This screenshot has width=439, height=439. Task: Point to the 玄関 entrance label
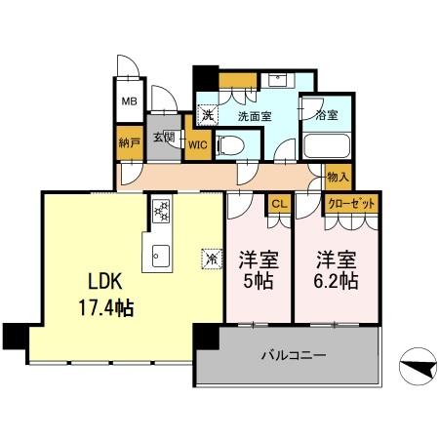pos(161,138)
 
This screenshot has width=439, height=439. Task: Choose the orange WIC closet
pos(197,143)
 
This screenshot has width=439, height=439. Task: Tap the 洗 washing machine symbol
pos(207,114)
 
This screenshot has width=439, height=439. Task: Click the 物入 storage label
pos(339,179)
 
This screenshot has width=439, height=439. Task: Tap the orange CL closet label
pos(278,204)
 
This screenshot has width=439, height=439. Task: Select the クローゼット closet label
pos(350,204)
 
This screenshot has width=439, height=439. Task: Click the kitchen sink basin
pos(160,258)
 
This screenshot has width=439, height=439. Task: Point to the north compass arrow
pos(417,368)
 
